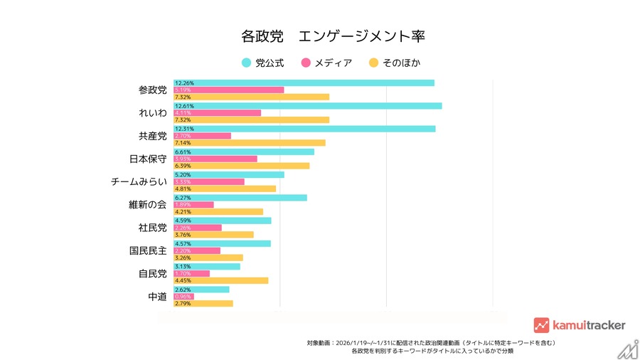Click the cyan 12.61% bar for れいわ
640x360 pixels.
click(307, 106)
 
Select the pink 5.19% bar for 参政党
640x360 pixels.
click(228, 90)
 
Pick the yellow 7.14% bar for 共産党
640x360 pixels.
click(249, 143)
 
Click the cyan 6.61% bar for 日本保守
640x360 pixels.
click(243, 152)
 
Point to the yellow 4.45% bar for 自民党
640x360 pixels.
click(220, 280)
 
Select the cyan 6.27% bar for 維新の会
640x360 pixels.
click(240, 198)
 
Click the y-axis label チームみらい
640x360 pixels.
click(139, 182)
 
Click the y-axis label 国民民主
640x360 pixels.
click(148, 250)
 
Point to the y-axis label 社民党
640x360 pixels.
click(152, 228)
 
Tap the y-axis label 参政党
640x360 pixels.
click(152, 90)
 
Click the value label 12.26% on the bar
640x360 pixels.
click(184, 83)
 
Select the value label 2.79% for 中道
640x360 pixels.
click(183, 304)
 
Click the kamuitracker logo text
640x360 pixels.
click(588, 325)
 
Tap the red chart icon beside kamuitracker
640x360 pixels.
click(541, 325)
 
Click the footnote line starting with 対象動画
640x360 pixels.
click(432, 342)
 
